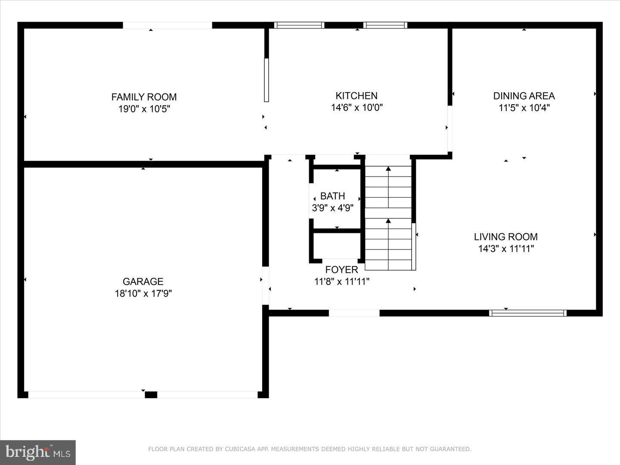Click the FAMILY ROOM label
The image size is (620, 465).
[x=144, y=97]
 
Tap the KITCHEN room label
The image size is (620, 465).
[x=356, y=96]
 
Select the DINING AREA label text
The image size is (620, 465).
[x=524, y=96]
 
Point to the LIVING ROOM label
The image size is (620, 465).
[x=505, y=236]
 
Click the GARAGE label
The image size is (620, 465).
[x=143, y=281]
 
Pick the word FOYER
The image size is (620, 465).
[x=341, y=270]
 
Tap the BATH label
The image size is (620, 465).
[x=332, y=196]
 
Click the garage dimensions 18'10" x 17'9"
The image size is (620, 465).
[x=143, y=294]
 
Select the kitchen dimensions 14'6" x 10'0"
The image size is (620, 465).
[x=356, y=108]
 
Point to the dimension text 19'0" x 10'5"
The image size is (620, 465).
[x=144, y=109]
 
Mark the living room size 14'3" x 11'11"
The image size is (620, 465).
[x=505, y=248]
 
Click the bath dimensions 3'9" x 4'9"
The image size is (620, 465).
[x=332, y=208]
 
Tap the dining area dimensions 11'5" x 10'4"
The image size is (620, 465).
[x=524, y=108]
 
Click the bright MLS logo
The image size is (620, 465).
[x=38, y=452]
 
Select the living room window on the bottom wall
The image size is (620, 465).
[x=527, y=313]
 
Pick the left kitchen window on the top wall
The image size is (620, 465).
[x=299, y=25]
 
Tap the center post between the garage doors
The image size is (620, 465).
[x=151, y=395]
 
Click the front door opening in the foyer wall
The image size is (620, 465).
[x=354, y=313]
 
